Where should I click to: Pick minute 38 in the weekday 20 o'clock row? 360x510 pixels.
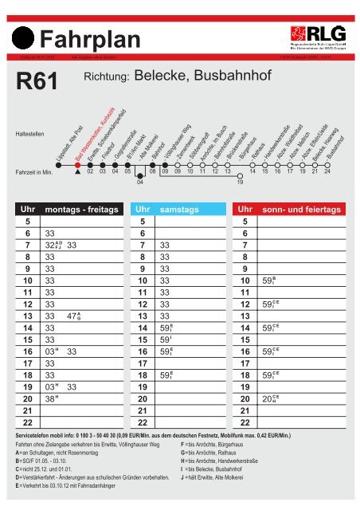click(51, 398)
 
